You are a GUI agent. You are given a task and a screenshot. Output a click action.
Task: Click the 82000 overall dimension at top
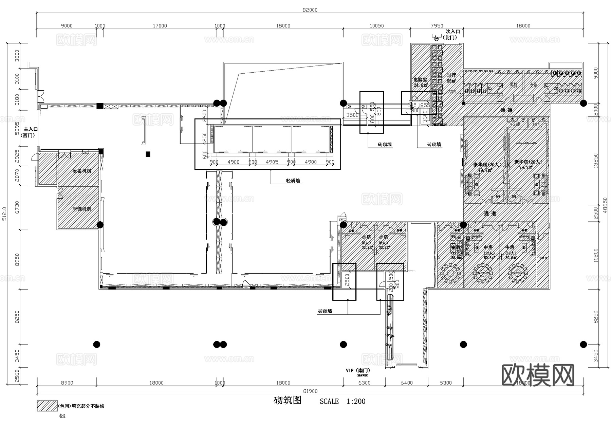coord(310,10)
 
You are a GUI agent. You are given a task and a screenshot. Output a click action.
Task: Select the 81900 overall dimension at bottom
coord(310,391)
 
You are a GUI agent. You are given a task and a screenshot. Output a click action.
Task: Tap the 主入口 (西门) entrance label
coord(30,132)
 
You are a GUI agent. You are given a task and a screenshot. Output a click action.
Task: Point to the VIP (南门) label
coord(358,371)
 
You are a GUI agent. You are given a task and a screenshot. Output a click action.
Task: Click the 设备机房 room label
coord(82,171)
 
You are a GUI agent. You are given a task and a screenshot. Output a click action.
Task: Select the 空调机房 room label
coord(82,209)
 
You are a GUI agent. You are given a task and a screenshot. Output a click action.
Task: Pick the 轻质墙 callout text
coord(293,181)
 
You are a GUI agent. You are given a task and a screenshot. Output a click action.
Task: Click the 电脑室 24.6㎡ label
coord(420,82)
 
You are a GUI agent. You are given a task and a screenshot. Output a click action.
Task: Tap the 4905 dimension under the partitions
coord(272,162)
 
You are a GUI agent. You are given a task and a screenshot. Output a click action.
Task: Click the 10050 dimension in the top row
coord(376,26)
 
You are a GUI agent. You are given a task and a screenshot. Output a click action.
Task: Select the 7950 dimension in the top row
coord(437,26)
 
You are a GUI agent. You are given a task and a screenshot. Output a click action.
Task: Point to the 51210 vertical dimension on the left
coord(4,214)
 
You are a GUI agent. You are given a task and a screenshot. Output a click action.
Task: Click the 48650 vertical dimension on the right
coord(605,205)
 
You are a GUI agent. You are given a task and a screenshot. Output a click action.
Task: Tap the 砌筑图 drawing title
coord(288,401)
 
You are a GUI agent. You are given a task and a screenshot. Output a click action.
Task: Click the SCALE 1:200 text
coord(342,401)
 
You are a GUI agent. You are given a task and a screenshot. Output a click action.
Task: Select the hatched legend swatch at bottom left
coord(47,406)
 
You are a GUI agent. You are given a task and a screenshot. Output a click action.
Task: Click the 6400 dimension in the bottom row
coord(406,383)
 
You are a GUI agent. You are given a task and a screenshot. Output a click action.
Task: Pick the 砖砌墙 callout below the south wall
coord(325,311)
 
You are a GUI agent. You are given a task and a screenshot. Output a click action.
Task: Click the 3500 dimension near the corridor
coord(352,115)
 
